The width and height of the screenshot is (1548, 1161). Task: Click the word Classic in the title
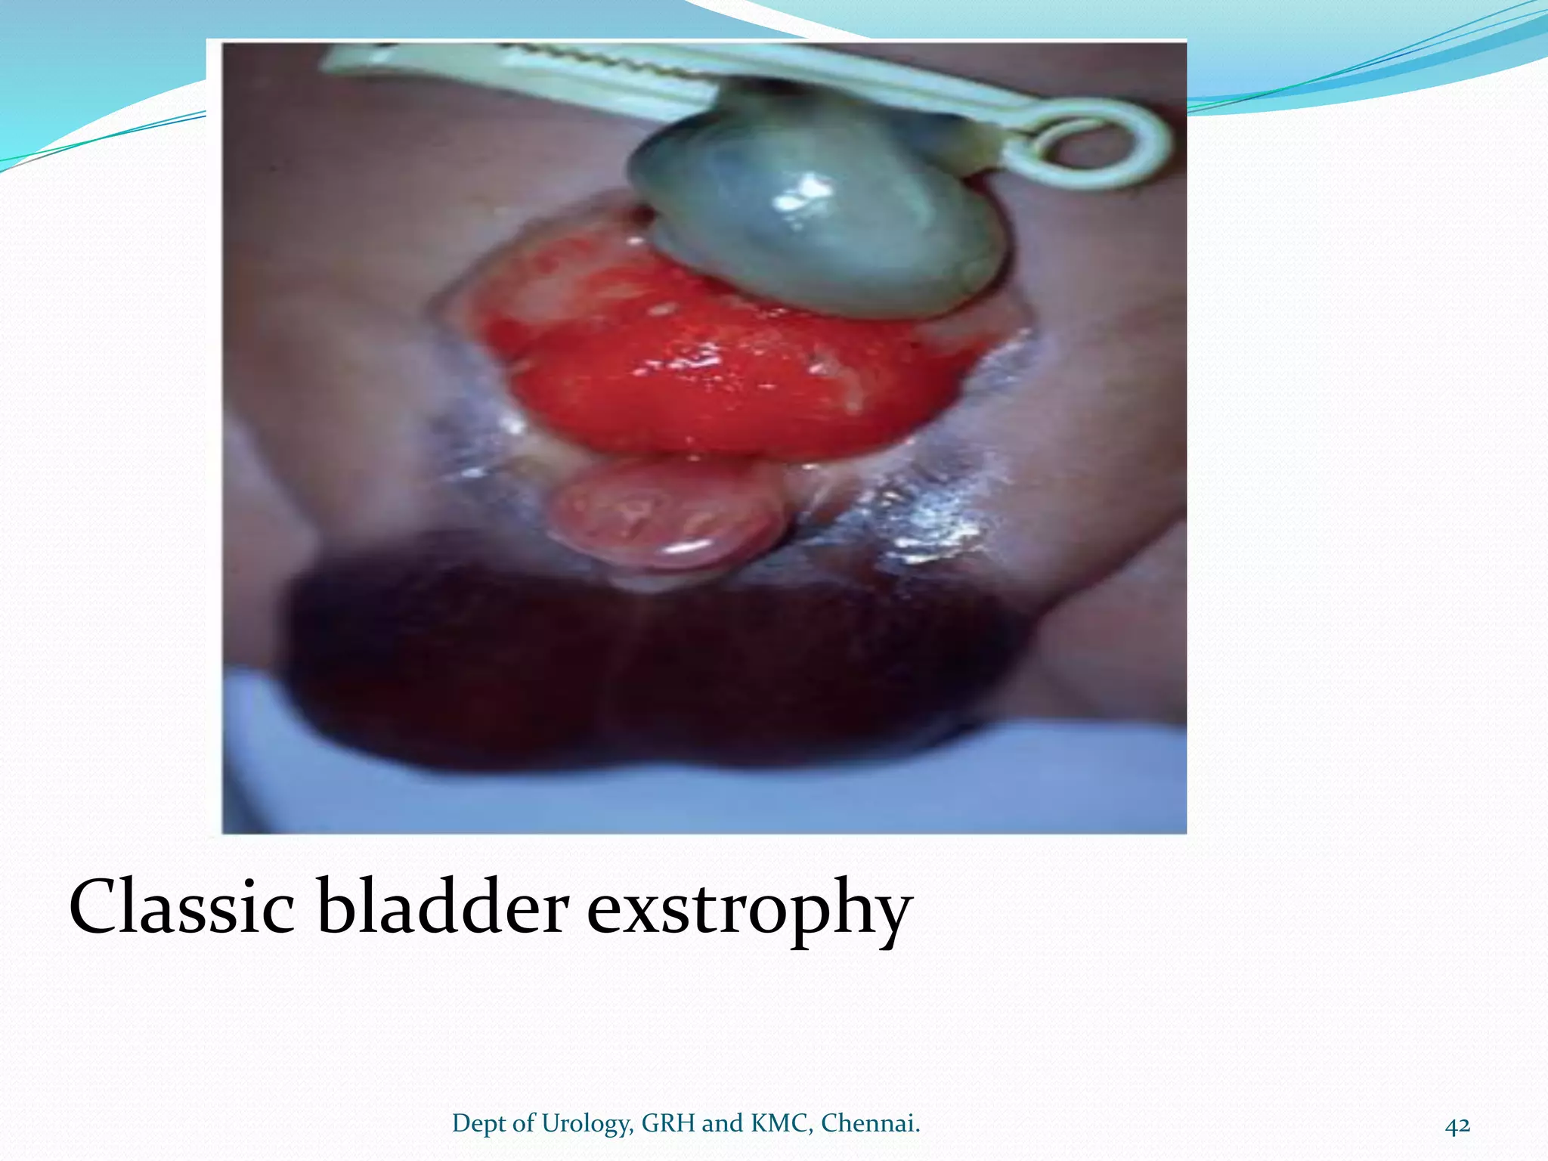[181, 906]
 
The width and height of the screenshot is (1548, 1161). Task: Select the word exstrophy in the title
[749, 911]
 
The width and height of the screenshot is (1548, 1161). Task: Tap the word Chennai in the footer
[870, 1124]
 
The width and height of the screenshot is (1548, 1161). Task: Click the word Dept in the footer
[479, 1125]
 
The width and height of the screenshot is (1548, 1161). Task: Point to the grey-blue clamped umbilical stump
[816, 219]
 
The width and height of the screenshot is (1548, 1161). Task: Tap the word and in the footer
[723, 1124]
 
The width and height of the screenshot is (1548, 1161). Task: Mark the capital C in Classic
[98, 906]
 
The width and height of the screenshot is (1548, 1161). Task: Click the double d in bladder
[444, 906]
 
